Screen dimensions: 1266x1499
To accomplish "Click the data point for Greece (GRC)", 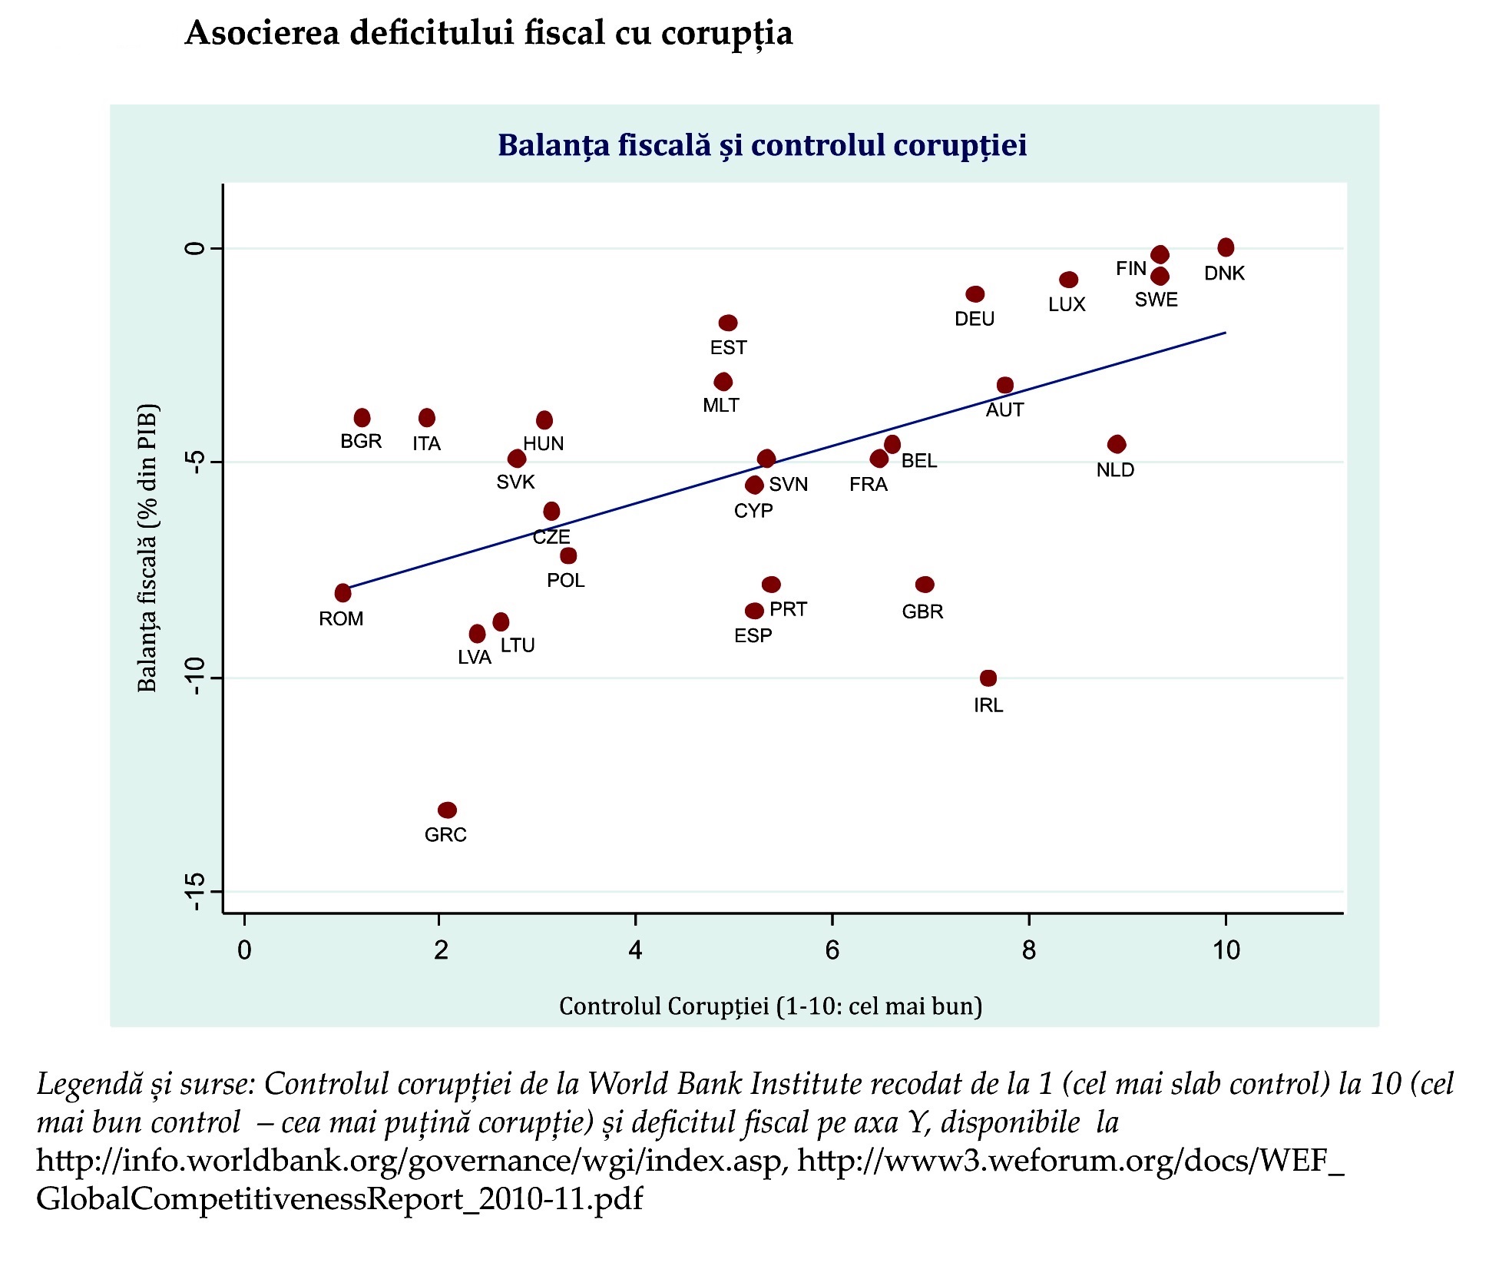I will click(x=447, y=810).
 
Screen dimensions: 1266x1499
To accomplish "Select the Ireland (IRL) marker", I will click(x=988, y=678).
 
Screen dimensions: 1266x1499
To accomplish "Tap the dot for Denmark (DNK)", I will click(x=1226, y=247).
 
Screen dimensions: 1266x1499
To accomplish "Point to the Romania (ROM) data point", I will click(x=342, y=593).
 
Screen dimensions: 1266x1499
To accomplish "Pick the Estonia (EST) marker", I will click(x=728, y=323).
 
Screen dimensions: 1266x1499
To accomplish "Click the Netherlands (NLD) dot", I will click(x=1117, y=444).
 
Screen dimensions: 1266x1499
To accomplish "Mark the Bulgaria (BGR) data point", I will click(x=362, y=418).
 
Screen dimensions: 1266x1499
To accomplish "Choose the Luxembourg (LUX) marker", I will click(x=1068, y=280).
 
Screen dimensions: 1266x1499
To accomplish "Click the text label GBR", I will click(x=922, y=612).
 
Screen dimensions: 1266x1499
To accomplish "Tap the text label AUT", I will click(x=1004, y=410).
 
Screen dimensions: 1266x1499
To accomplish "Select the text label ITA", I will click(x=426, y=444).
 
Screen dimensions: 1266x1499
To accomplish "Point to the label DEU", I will click(x=975, y=319).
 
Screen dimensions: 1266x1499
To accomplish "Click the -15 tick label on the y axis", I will click(x=196, y=892).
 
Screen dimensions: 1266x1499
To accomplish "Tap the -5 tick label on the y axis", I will click(x=196, y=462).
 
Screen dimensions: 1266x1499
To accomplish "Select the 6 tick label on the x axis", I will click(x=832, y=951).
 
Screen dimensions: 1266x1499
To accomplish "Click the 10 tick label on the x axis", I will click(x=1226, y=951).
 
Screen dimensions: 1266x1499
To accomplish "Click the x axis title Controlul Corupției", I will click(x=770, y=1006).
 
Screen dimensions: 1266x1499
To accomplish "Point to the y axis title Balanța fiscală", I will click(x=147, y=548).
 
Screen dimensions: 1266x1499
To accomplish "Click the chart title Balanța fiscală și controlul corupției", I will click(x=762, y=145).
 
